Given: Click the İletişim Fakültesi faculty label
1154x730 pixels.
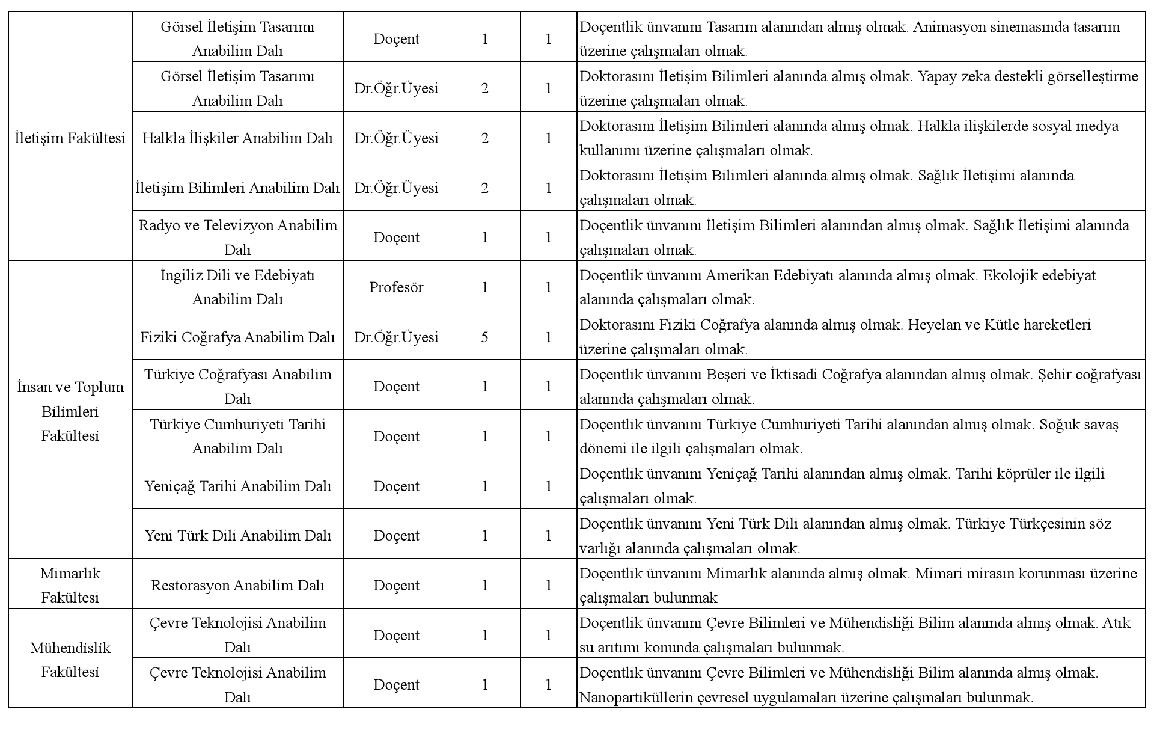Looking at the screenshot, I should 70,138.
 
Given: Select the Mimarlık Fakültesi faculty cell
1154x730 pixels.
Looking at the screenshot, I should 70,585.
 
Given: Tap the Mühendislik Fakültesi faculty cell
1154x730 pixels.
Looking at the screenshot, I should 70,660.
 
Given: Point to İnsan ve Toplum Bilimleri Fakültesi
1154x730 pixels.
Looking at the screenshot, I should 70,411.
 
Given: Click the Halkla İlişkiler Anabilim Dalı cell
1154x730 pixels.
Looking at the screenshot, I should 237,138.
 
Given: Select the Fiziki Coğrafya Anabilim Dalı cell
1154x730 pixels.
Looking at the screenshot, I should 237,337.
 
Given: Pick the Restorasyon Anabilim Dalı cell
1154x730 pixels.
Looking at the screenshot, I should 237,585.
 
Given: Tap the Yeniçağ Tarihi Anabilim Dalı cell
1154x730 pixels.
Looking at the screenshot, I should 237,486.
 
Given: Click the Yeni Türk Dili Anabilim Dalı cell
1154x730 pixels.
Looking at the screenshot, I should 237,535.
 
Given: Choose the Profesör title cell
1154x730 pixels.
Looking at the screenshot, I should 396,287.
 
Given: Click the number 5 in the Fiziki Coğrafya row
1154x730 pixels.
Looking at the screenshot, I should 484,337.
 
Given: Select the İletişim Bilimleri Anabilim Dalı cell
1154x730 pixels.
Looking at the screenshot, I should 237,188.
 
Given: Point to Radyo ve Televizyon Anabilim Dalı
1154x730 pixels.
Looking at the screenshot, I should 237,237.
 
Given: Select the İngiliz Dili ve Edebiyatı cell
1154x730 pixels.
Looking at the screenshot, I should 237,287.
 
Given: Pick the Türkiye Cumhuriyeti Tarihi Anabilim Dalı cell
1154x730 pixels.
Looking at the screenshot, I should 237,436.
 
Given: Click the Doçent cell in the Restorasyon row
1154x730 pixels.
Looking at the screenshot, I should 396,585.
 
